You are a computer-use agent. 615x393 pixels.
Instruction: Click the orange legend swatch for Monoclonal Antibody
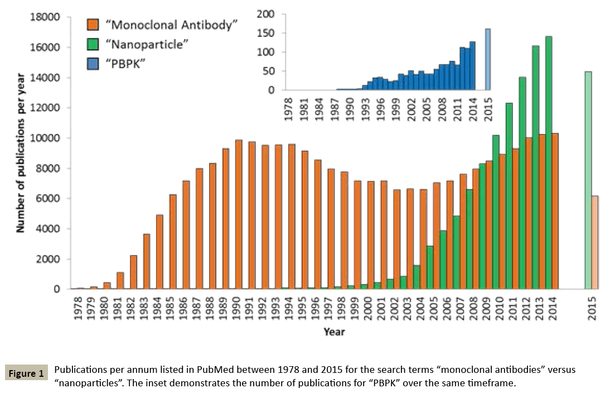(93, 25)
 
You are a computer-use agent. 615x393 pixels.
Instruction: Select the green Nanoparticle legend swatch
(93, 44)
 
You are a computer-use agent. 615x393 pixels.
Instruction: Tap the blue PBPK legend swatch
(93, 63)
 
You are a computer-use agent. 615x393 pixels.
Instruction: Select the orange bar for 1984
(159, 252)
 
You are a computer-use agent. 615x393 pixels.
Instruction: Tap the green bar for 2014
(548, 162)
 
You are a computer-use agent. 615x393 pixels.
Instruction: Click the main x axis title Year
(334, 332)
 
